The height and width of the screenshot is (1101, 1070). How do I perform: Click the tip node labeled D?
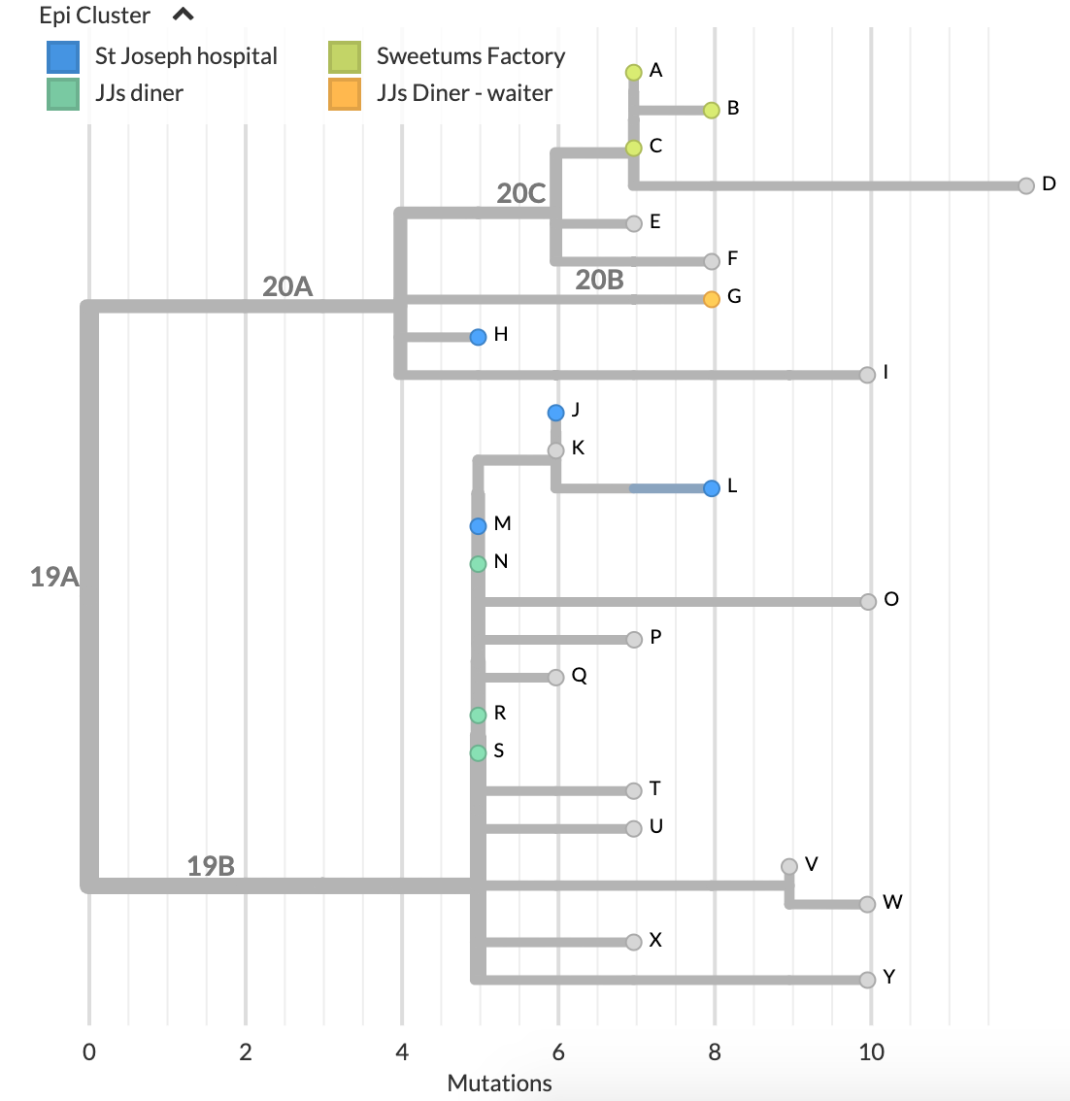[1026, 185]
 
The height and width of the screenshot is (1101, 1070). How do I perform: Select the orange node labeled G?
[712, 298]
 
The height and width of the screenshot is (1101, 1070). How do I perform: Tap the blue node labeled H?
[478, 337]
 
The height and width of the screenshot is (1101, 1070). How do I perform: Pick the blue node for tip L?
[712, 487]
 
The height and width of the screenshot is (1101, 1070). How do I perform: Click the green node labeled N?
[478, 563]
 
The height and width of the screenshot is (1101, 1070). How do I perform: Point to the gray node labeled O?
[868, 602]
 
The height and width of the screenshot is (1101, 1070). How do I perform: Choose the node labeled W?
[868, 904]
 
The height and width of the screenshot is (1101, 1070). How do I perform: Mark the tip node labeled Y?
[868, 980]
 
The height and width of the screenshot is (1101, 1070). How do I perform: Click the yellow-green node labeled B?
[712, 110]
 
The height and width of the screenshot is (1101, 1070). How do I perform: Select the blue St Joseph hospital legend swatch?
[63, 56]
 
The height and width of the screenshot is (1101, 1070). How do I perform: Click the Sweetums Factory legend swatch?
[345, 56]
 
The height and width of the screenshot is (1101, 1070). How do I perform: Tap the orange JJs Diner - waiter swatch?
[345, 93]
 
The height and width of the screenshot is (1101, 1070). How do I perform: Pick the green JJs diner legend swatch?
[63, 93]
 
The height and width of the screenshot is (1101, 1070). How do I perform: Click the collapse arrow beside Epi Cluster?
[183, 15]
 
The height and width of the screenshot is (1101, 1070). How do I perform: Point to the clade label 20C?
[520, 193]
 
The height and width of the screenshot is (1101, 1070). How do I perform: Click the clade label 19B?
[211, 866]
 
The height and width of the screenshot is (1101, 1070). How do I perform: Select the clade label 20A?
[287, 286]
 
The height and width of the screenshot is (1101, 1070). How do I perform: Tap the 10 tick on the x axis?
[871, 1051]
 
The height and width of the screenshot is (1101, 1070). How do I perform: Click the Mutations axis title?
[499, 1083]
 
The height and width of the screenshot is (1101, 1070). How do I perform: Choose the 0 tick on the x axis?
[89, 1051]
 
